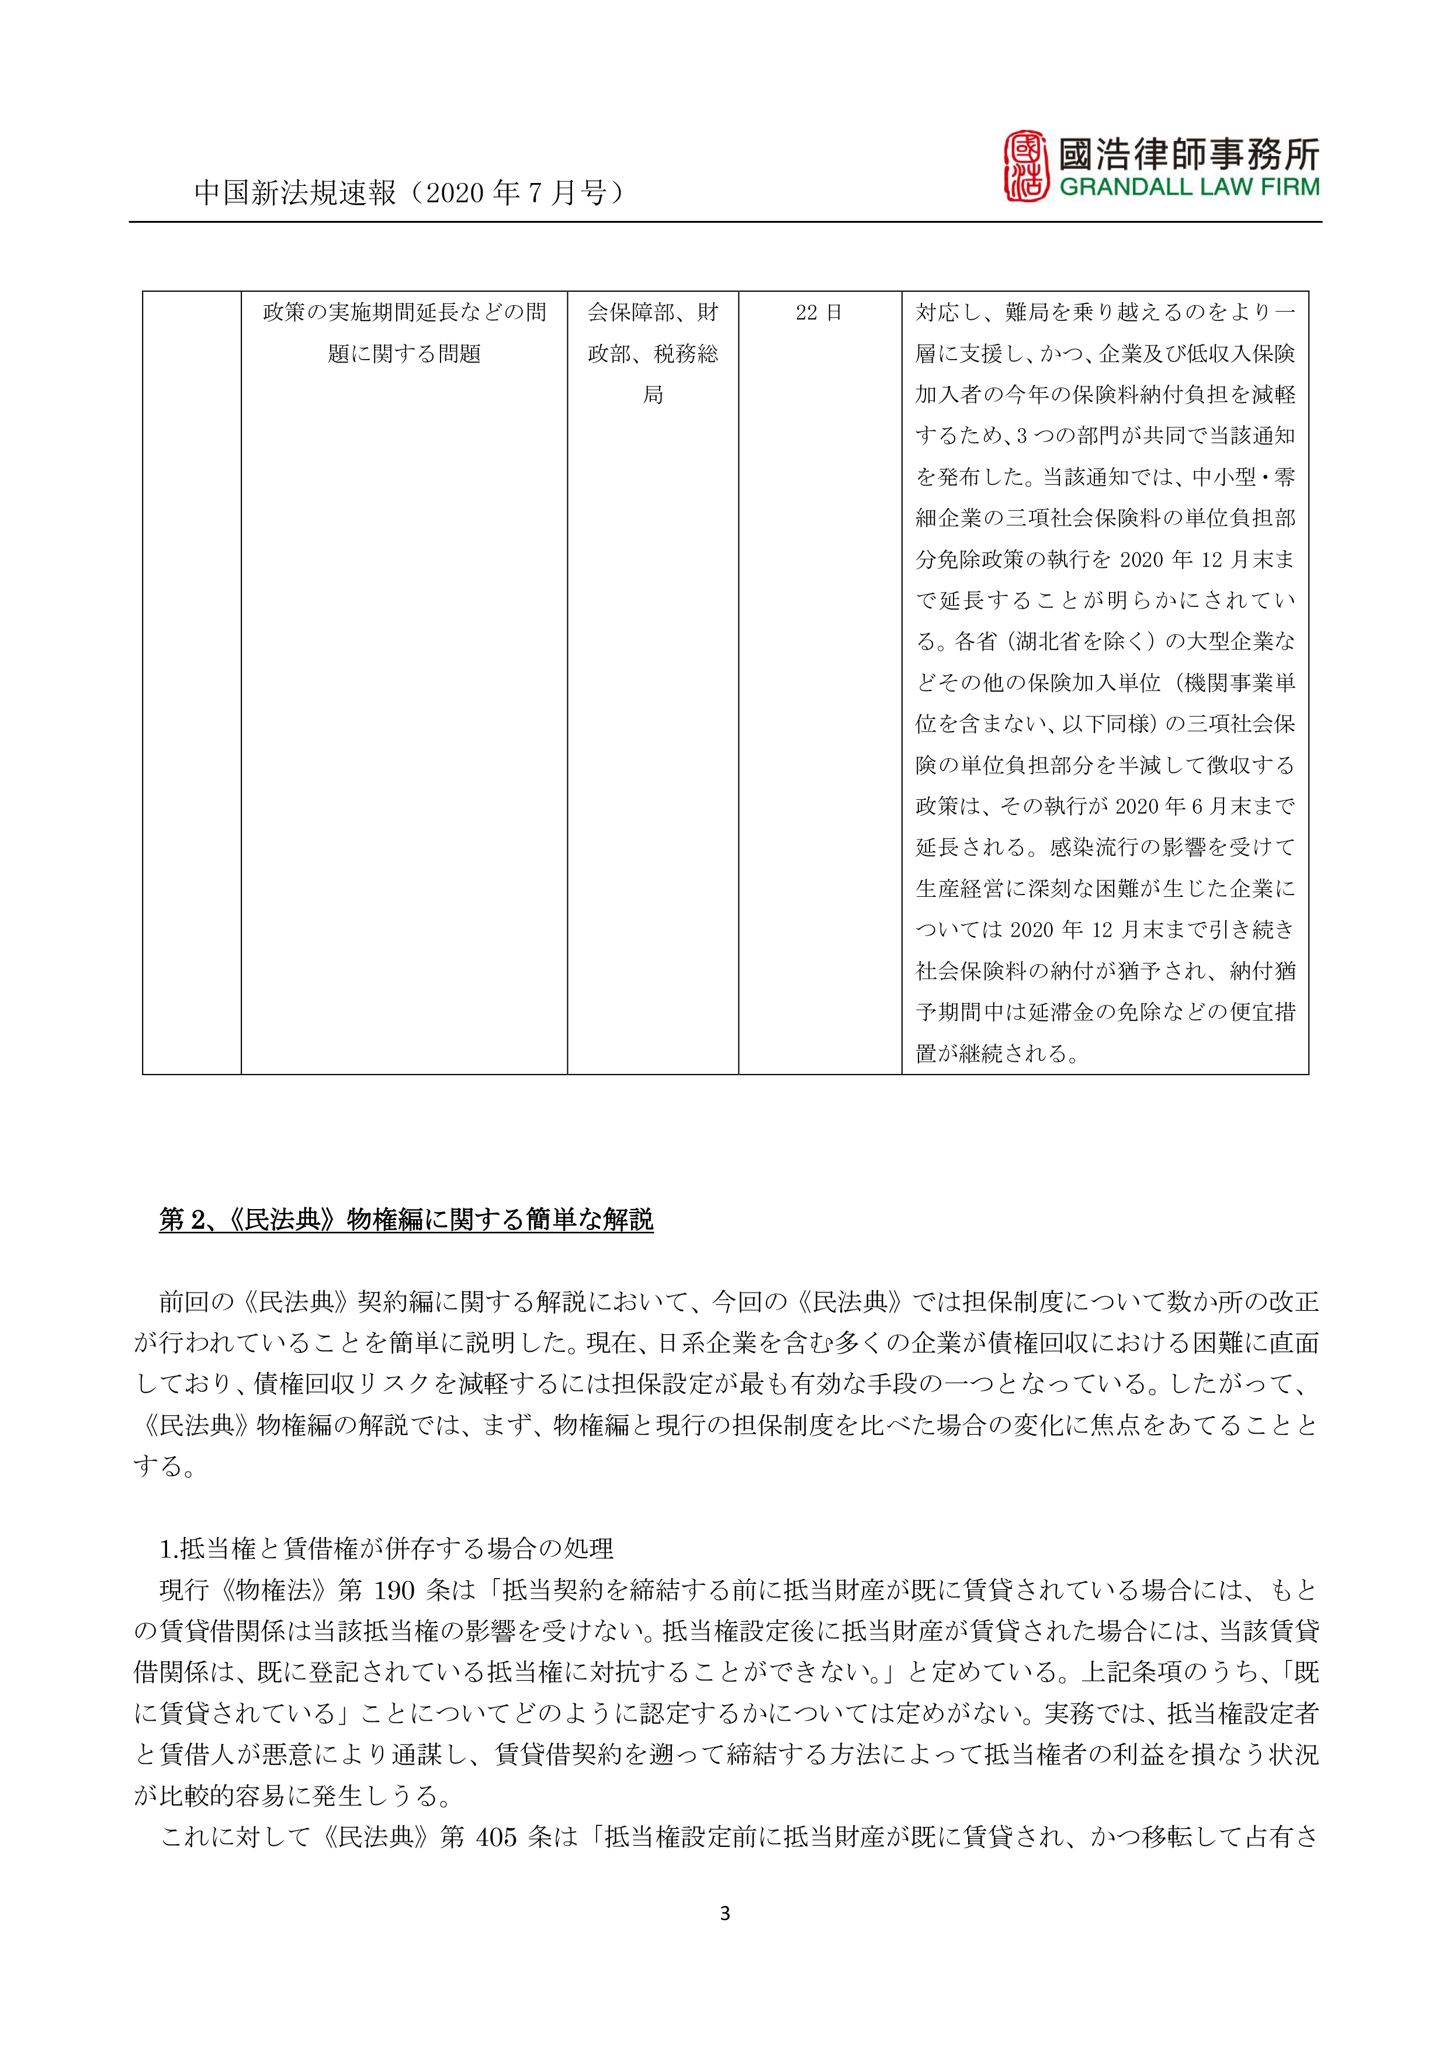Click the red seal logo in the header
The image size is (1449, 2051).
tap(1027, 165)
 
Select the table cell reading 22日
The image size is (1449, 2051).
tap(819, 313)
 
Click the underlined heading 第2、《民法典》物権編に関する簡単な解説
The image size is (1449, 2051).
tap(406, 1220)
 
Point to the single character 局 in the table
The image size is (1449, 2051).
tap(653, 395)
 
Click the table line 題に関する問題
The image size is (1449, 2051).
tap(404, 354)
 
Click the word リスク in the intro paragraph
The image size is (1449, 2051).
tap(370, 1384)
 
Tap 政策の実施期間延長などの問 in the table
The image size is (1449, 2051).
tap(404, 313)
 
